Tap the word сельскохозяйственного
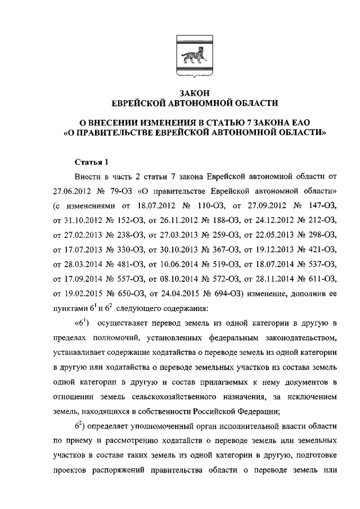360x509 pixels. coord(183,395)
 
